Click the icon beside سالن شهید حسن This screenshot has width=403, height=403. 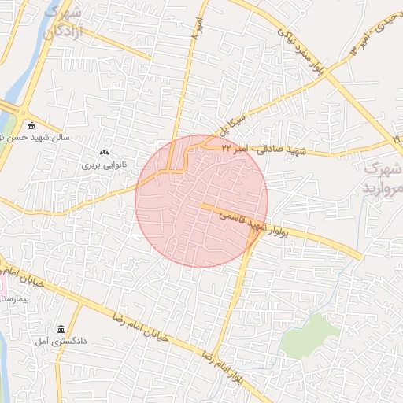point(31,125)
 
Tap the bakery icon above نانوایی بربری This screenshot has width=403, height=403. point(104,152)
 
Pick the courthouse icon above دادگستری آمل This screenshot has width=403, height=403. point(61,328)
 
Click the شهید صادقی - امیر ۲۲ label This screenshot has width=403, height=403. point(259,149)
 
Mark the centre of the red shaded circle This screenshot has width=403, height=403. point(201,201)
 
